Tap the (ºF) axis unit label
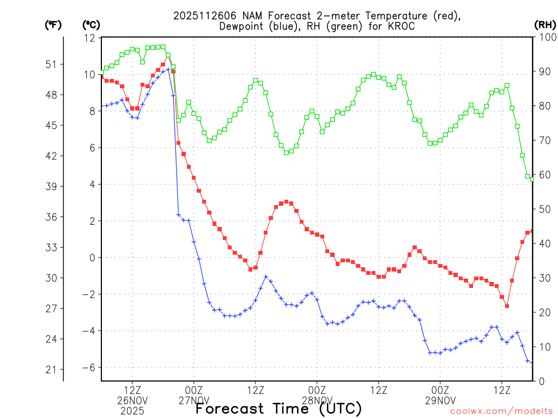[53, 24]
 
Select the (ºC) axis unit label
[90, 24]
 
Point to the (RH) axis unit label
[544, 24]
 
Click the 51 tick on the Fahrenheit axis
[50, 64]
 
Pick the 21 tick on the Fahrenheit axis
[50, 370]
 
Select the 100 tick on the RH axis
[545, 37]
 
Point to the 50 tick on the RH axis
[543, 209]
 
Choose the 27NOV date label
[194, 401]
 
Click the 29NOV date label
[440, 401]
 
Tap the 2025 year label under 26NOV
[132, 410]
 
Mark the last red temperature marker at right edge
[532, 231]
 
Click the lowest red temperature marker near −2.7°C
[507, 306]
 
